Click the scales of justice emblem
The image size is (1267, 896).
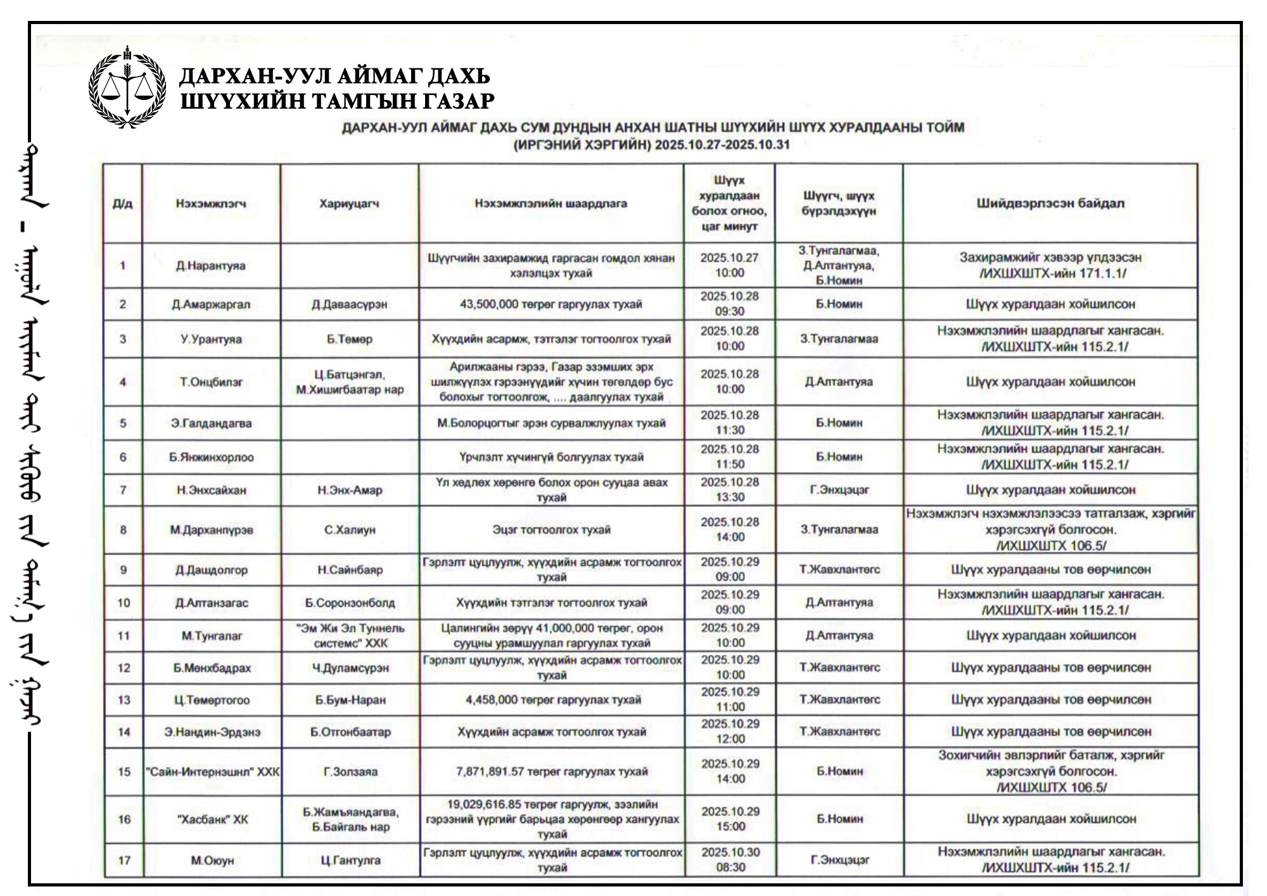pyautogui.click(x=127, y=87)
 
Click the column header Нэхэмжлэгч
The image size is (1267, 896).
pyautogui.click(x=211, y=203)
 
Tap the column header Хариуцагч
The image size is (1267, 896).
pyautogui.click(x=349, y=203)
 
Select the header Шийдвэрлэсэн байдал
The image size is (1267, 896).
pyautogui.click(x=1050, y=203)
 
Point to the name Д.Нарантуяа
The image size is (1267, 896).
pyautogui.click(x=211, y=266)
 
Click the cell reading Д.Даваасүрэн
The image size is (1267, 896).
pyautogui.click(x=349, y=304)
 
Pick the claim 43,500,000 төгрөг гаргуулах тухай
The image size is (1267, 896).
pyautogui.click(x=551, y=304)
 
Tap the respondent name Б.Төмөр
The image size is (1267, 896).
pyautogui.click(x=349, y=339)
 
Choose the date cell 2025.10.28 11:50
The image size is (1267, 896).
pyautogui.click(x=730, y=456)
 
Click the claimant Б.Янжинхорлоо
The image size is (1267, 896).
pyautogui.click(x=211, y=457)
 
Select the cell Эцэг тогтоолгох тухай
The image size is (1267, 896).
pyautogui.click(x=551, y=530)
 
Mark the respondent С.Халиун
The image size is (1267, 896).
pyautogui.click(x=349, y=530)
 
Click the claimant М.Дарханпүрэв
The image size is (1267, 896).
pyautogui.click(x=211, y=530)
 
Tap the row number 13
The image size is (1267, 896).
pyautogui.click(x=124, y=700)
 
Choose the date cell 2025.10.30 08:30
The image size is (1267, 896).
pyautogui.click(x=730, y=860)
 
